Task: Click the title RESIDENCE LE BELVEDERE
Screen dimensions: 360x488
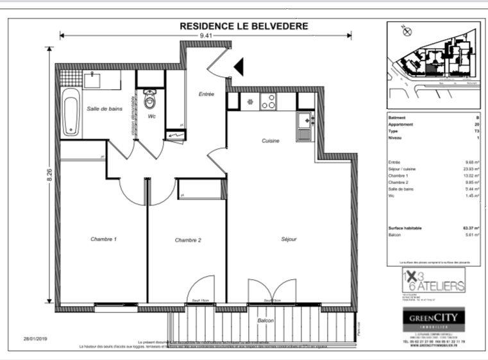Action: click(x=244, y=26)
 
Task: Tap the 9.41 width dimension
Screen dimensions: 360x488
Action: click(x=206, y=36)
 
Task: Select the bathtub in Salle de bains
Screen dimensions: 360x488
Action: click(x=70, y=114)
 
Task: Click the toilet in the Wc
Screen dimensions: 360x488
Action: click(x=151, y=101)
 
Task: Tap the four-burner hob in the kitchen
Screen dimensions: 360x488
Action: click(x=268, y=101)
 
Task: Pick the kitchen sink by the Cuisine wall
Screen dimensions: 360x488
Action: click(x=303, y=120)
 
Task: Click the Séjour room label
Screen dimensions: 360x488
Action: click(x=289, y=239)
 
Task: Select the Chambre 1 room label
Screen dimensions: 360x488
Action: click(x=103, y=239)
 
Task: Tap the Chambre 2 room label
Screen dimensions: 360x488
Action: click(x=188, y=240)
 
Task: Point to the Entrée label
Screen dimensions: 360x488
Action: click(x=206, y=94)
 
